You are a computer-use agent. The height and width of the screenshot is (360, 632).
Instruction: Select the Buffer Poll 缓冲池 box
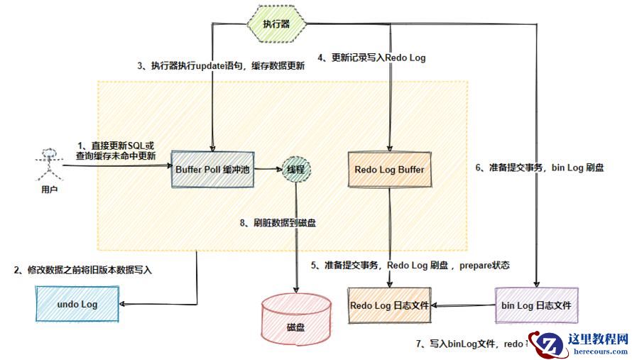[x=213, y=169]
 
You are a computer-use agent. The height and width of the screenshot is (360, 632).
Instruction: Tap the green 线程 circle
[x=295, y=170]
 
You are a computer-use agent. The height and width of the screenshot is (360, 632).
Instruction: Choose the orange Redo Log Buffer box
[x=389, y=170]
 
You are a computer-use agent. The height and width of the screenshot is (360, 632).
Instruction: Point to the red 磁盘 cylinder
[x=295, y=317]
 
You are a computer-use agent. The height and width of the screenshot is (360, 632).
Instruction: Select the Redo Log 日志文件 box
[x=389, y=305]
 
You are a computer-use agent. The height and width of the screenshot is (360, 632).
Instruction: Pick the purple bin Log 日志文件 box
[x=538, y=305]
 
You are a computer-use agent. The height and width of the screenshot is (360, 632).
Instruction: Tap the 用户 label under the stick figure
[x=49, y=190]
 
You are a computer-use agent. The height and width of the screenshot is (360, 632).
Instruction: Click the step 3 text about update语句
[x=221, y=66]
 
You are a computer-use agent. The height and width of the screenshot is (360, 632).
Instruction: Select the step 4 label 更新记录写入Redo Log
[x=371, y=58]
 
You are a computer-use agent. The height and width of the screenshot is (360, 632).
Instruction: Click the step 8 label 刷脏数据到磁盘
[x=279, y=223]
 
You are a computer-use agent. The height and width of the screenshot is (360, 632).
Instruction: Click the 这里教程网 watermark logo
[x=579, y=344]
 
